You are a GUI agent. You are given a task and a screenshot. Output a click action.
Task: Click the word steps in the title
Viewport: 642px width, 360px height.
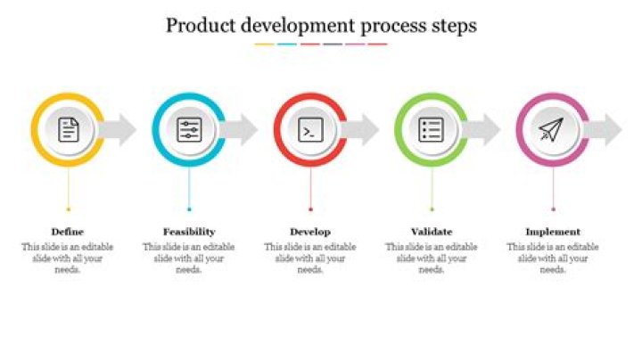pyautogui.click(x=452, y=26)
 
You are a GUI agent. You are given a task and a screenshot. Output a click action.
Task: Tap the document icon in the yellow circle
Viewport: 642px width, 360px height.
pyautogui.click(x=68, y=130)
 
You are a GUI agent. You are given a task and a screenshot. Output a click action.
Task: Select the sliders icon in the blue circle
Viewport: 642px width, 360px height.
pyautogui.click(x=189, y=130)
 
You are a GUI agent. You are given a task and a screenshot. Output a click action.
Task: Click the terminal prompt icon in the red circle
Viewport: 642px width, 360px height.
pyautogui.click(x=310, y=130)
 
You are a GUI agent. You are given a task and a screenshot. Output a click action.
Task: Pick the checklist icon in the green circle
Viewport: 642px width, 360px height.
pyautogui.click(x=432, y=130)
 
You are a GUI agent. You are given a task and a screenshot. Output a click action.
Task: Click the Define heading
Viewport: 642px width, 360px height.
pyautogui.click(x=68, y=232)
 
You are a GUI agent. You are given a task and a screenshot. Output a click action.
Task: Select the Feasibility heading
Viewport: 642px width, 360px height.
pyautogui.click(x=189, y=232)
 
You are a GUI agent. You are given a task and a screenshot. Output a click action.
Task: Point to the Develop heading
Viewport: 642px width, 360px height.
pyautogui.click(x=310, y=232)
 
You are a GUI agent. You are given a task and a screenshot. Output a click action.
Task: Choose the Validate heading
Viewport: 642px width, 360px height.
pyautogui.click(x=432, y=232)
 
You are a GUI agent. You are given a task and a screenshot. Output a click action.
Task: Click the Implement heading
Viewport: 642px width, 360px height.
pyautogui.click(x=553, y=232)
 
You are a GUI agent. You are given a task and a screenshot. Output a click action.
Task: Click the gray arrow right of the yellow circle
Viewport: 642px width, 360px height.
pyautogui.click(x=121, y=130)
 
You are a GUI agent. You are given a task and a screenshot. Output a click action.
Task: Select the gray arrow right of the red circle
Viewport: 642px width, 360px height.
pyautogui.click(x=364, y=130)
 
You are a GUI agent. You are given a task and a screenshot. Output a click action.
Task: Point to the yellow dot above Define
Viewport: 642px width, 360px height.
pyautogui.click(x=68, y=209)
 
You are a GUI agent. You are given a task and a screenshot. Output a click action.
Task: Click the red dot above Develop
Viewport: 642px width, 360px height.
pyautogui.click(x=310, y=209)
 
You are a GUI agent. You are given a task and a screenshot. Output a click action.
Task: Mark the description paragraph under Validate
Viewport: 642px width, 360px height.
pyautogui.click(x=432, y=258)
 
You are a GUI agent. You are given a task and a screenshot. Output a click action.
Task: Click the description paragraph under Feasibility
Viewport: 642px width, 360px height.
pyautogui.click(x=189, y=258)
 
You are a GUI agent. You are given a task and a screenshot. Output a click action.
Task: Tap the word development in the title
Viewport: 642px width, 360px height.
pyautogui.click(x=299, y=26)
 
